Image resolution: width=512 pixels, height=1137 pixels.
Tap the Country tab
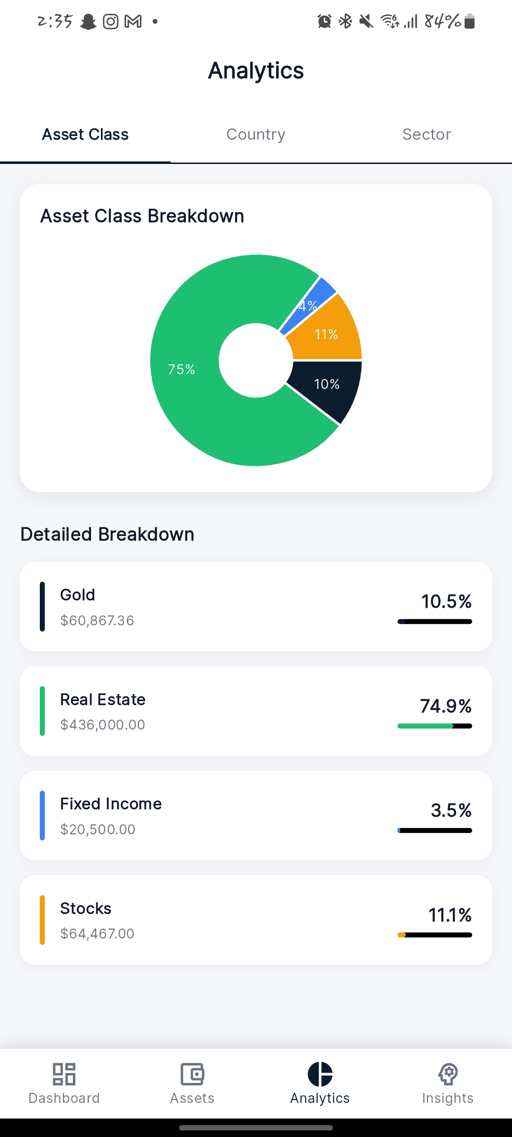click(x=256, y=135)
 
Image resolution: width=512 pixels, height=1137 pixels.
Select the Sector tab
click(x=426, y=135)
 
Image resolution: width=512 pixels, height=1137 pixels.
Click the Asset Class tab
click(x=85, y=135)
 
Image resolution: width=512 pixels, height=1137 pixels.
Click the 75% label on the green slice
click(x=182, y=370)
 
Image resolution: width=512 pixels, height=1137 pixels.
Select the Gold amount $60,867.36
click(x=97, y=620)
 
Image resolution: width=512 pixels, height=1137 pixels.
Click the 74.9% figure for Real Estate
click(x=446, y=706)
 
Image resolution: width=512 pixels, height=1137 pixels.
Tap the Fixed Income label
click(x=111, y=804)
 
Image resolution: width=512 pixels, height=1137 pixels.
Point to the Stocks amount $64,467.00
click(x=97, y=933)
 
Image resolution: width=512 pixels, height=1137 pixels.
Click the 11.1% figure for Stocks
click(x=450, y=915)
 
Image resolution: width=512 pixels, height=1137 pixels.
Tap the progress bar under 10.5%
click(x=435, y=622)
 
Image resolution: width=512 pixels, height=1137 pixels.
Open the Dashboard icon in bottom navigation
click(x=64, y=1074)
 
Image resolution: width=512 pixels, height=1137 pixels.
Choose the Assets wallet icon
click(x=192, y=1074)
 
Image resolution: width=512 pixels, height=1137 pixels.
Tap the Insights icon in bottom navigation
click(x=448, y=1074)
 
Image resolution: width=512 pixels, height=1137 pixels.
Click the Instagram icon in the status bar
click(x=110, y=21)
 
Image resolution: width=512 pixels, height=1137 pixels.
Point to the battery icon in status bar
click(x=469, y=21)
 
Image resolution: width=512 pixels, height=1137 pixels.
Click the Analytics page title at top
click(x=256, y=71)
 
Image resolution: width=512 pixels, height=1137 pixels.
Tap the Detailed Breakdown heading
click(x=108, y=534)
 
